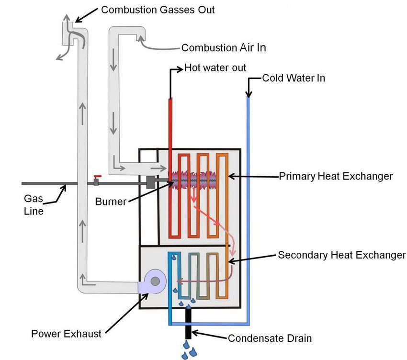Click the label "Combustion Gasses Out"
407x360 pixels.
[x=158, y=10]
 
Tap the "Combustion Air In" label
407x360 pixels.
[x=224, y=48]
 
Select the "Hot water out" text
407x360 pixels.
[x=215, y=68]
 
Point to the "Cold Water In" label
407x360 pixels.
[x=294, y=78]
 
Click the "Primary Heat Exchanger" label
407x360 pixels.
[x=336, y=176]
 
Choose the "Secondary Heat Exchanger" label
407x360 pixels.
[x=342, y=255]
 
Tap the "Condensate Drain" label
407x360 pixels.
[x=270, y=338]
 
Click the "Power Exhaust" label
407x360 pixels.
[x=66, y=334]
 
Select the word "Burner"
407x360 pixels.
[x=111, y=202]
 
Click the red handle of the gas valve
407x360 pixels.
[x=98, y=177]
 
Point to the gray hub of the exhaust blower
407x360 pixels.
[x=155, y=281]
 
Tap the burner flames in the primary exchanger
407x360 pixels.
[x=193, y=180]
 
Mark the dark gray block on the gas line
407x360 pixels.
[x=150, y=182]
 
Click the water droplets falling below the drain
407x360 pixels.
[x=190, y=350]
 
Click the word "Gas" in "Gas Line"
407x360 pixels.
[x=33, y=199]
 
